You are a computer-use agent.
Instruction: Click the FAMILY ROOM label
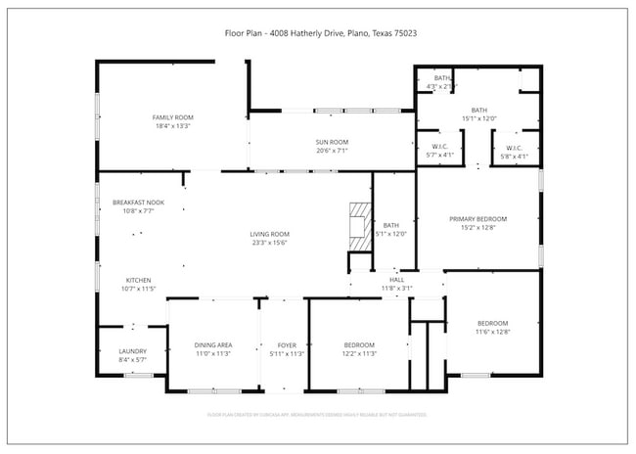coord(171,117)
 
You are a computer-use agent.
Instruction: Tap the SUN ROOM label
coord(332,142)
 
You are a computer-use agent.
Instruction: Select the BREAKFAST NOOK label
coord(138,202)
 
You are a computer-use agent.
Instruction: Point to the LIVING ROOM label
coord(269,234)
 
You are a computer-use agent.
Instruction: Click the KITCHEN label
coord(138,280)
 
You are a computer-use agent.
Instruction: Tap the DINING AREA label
coord(212,345)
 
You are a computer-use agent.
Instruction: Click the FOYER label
coord(287,345)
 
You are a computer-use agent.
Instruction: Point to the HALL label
coord(396,280)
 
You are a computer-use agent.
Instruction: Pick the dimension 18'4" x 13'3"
coord(171,126)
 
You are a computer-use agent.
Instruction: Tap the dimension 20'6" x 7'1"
coord(332,150)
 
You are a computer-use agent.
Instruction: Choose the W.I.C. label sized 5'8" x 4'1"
coord(514,148)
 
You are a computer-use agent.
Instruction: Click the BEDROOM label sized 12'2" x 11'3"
coord(359,345)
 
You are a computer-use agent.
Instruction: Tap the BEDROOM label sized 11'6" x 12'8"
coord(492,323)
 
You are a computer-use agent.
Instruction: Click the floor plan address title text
coord(317,32)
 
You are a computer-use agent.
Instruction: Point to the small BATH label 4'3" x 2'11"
coord(442,78)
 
